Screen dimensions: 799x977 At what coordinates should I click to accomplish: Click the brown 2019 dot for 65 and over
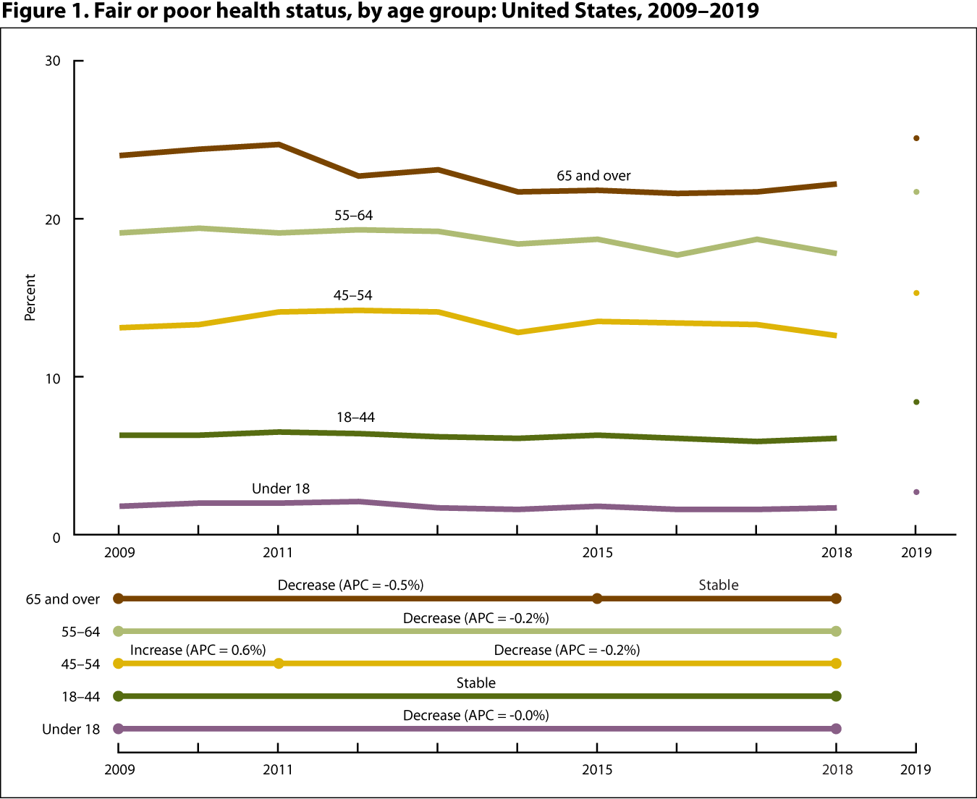point(916,138)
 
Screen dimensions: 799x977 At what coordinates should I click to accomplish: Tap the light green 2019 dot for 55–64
point(916,192)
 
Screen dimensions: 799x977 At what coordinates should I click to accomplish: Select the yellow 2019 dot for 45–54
point(916,293)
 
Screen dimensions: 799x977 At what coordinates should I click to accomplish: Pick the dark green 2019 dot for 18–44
point(916,402)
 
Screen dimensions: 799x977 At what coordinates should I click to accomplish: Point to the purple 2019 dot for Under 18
point(916,492)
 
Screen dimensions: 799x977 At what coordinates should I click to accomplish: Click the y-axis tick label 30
point(52,61)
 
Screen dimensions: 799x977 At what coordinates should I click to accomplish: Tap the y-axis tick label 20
point(52,219)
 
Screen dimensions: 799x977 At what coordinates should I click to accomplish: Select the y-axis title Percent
point(30,297)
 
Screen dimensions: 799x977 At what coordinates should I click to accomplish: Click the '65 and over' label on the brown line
point(593,176)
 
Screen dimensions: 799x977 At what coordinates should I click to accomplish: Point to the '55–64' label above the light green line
point(353,216)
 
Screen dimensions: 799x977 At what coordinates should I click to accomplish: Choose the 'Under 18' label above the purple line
point(281,489)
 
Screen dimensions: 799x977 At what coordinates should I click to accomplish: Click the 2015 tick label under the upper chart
point(597,553)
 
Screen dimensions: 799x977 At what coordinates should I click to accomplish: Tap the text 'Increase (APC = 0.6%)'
point(198,650)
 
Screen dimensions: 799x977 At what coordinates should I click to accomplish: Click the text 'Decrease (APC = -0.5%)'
point(350,585)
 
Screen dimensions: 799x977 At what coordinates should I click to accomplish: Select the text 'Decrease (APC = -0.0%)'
point(475,715)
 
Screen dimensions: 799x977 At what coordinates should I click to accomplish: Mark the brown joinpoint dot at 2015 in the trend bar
point(597,599)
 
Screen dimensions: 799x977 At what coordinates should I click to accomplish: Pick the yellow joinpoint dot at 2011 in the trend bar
point(279,664)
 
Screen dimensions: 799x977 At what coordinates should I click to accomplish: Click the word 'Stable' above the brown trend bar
point(718,585)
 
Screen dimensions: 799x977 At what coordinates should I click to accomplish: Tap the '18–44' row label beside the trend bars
point(80,697)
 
